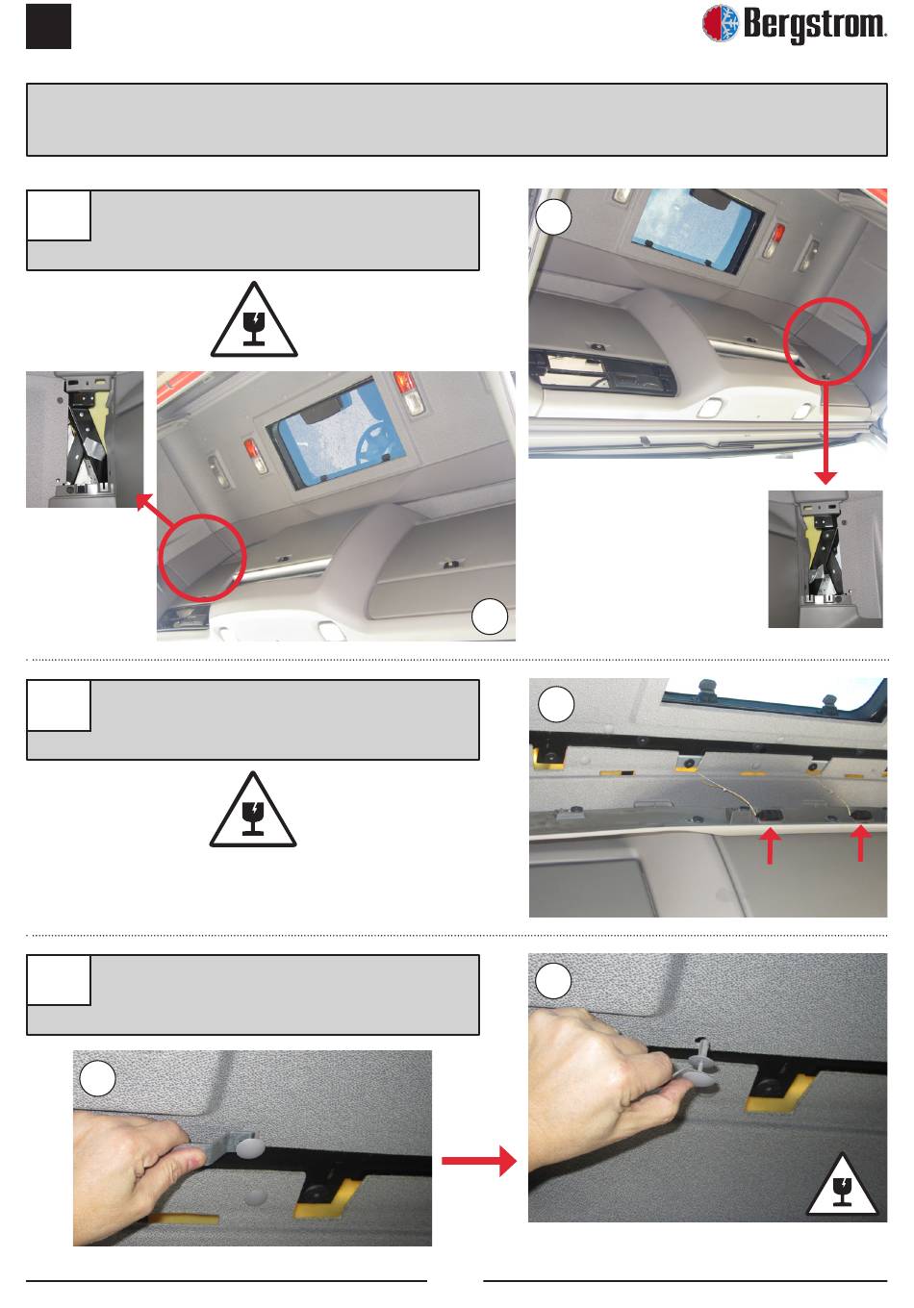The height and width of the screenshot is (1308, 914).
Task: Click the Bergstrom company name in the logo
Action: [x=815, y=24]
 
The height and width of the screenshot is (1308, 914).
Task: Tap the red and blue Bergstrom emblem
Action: [x=720, y=23]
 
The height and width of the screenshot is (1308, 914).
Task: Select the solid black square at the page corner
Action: [x=48, y=26]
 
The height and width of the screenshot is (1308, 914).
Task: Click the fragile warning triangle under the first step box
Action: [x=254, y=320]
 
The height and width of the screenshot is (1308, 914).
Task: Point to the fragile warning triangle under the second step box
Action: [x=253, y=810]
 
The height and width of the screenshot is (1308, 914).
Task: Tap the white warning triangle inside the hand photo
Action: [x=842, y=1185]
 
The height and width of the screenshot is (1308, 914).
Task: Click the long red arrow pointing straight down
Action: [x=825, y=432]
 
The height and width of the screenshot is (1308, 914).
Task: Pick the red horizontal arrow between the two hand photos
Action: [x=479, y=1161]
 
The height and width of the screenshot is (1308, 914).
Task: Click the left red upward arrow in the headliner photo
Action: [x=771, y=846]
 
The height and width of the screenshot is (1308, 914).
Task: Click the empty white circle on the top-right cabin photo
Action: [x=553, y=217]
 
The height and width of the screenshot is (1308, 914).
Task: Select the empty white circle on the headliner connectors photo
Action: [x=556, y=704]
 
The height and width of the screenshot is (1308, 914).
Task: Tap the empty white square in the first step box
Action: [x=59, y=214]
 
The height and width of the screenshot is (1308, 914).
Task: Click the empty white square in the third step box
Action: [x=59, y=980]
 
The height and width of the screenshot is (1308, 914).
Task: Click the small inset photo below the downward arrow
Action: [x=825, y=559]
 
